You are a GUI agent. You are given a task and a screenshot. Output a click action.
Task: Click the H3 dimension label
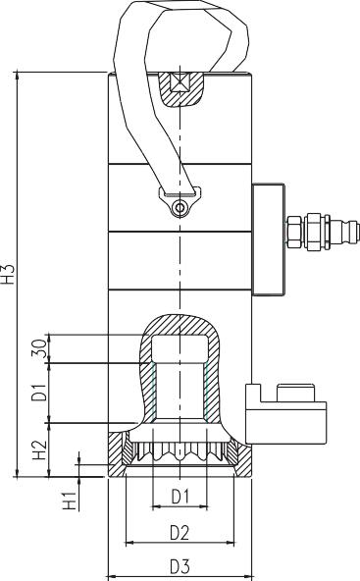[x=10, y=273]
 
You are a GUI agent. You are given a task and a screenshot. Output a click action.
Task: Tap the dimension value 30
[x=40, y=348]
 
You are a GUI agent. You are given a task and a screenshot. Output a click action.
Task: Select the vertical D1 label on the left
[x=39, y=393]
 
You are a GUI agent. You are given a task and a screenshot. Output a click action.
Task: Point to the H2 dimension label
[x=39, y=449]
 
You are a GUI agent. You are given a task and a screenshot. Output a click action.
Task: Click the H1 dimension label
[x=70, y=501]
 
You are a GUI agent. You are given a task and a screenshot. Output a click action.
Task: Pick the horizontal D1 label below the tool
[x=180, y=497]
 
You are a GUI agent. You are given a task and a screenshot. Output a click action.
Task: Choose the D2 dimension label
[x=180, y=533]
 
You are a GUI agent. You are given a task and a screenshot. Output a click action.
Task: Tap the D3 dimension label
[x=180, y=566]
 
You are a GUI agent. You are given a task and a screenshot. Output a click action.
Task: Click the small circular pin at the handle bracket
[x=180, y=207]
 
